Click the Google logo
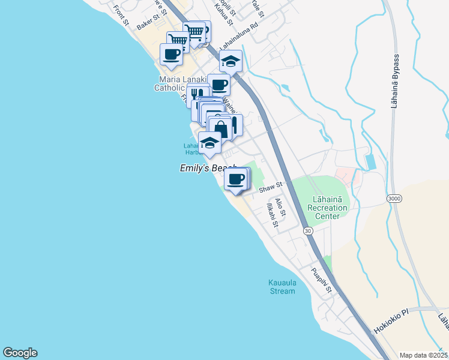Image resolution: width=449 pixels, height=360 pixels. (x=20, y=353)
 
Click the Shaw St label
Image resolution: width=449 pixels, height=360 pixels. (x=270, y=188)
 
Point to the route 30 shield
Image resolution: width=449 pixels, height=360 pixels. (x=308, y=230)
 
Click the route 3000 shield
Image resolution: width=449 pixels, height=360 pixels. (x=394, y=197)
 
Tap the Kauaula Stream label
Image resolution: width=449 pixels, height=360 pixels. (x=282, y=287)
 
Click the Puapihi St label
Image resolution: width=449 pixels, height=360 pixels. (x=321, y=280)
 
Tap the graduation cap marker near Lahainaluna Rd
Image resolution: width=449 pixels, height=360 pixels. (x=231, y=61)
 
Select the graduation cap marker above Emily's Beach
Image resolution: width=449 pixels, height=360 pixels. (x=209, y=143)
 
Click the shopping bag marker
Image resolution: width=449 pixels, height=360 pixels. (x=220, y=129)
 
